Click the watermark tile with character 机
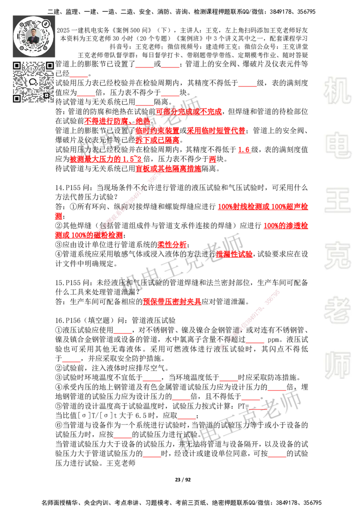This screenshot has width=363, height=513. pos(337,91)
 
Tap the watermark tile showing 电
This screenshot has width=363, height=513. pos(339,145)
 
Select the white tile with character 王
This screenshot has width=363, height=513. pos(337,201)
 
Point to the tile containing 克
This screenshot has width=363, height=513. pos(337,256)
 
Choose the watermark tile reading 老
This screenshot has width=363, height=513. pos(337,310)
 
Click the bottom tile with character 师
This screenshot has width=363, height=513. pos(337,366)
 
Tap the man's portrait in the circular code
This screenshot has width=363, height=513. pos(34,36)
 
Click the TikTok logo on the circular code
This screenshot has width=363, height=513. pos(46,23)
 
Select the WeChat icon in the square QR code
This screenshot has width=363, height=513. pos(33,82)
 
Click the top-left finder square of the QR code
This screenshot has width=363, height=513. pos(17,66)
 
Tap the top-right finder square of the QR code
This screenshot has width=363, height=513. pos(49,66)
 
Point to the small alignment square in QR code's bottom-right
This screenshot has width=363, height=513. pos(46,95)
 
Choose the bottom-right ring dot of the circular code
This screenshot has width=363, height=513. pos(46,48)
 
